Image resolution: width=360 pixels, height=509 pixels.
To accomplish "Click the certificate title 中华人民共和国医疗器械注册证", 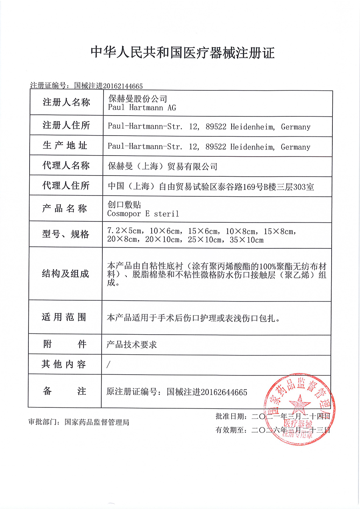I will pyautogui.click(x=182, y=52).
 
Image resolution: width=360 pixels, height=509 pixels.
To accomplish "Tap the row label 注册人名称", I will pyautogui.click(x=66, y=102).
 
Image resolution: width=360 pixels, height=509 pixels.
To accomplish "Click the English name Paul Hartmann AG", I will pyautogui.click(x=142, y=108).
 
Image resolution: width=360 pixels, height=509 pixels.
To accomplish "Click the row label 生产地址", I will pyautogui.click(x=66, y=146).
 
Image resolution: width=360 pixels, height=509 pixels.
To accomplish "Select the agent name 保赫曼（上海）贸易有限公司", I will pyautogui.click(x=162, y=166).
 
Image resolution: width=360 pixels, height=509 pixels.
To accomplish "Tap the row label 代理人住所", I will pyautogui.click(x=66, y=186).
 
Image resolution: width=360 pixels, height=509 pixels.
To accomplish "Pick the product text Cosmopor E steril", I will pyautogui.click(x=143, y=214).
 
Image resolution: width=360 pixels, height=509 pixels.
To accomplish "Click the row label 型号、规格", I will pyautogui.click(x=66, y=234).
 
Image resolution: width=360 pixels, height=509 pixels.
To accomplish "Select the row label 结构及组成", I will pyautogui.click(x=66, y=274).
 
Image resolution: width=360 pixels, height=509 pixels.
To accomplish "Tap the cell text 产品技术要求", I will pyautogui.click(x=132, y=344).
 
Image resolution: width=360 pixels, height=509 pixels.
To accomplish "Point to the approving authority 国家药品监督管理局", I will pyautogui.click(x=97, y=422).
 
